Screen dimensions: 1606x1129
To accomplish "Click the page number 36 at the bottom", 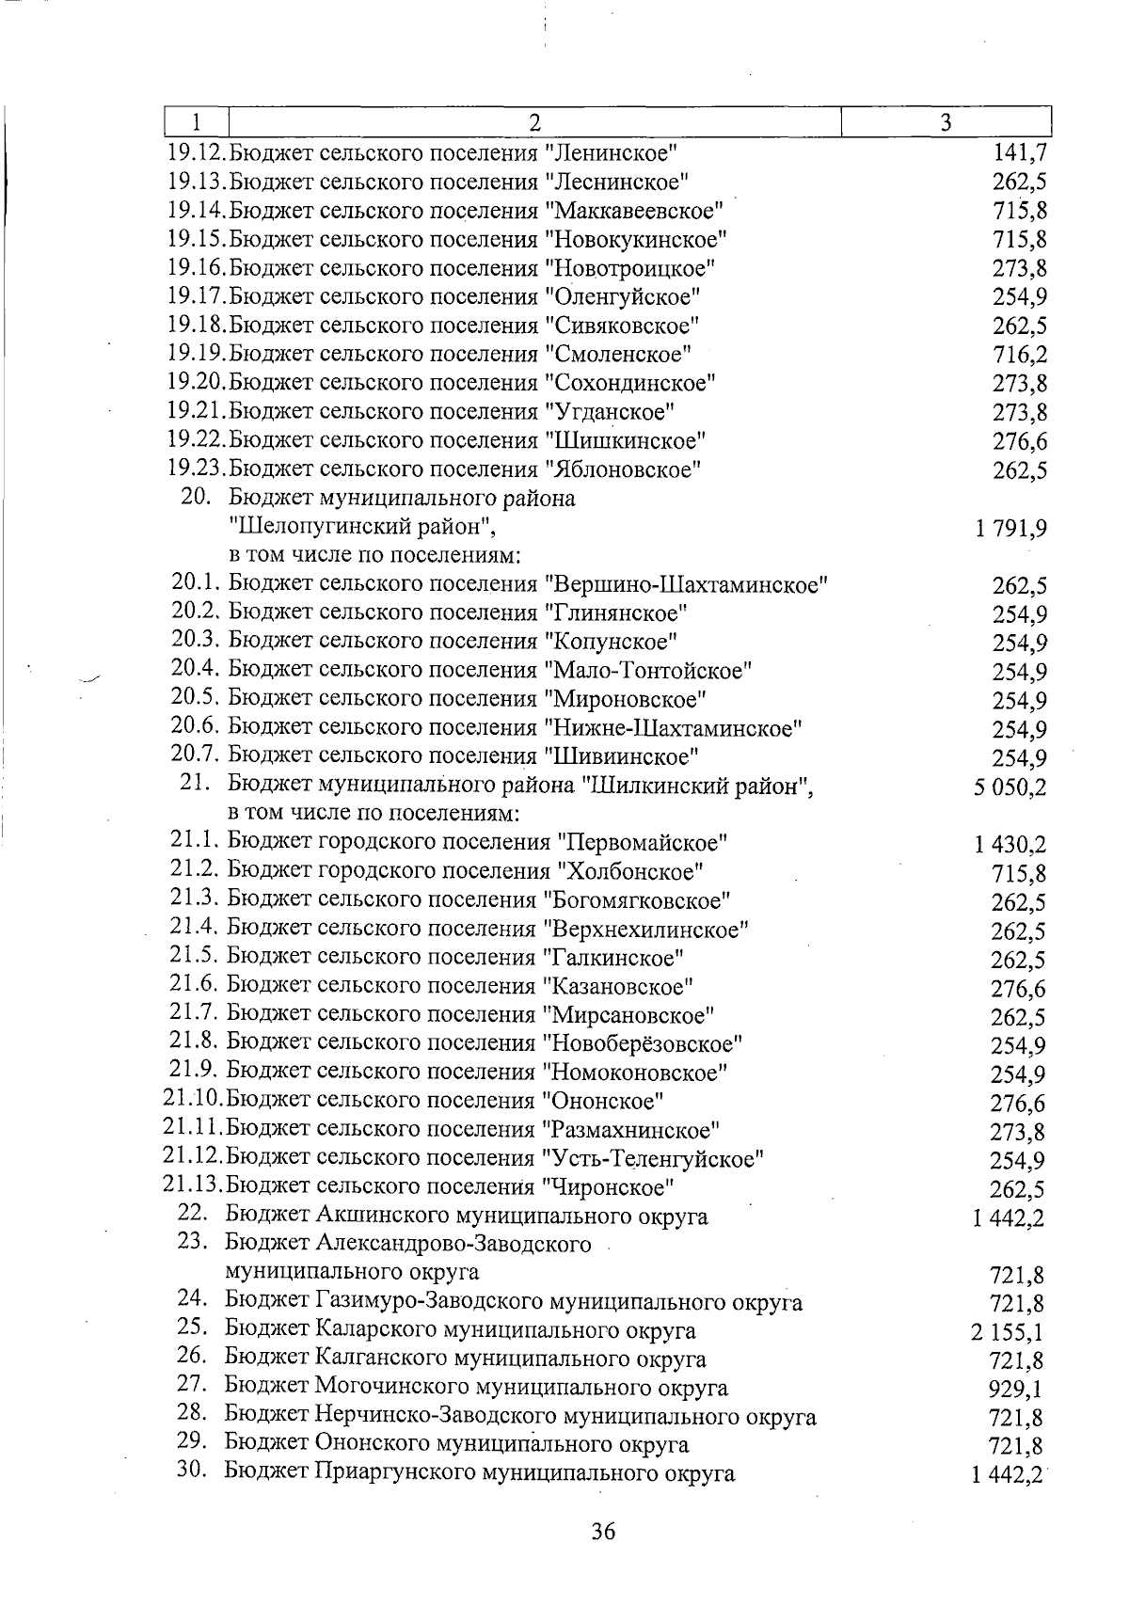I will coord(603,1531).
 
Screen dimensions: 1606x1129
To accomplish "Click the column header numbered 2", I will coord(533,122).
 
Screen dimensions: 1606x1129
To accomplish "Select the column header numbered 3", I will coord(946,122).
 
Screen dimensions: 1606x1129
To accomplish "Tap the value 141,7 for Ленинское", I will coord(1021,153).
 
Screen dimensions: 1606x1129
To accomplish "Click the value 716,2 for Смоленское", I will coord(1021,355).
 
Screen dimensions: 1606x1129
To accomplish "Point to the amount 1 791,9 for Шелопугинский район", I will coord(1012,528).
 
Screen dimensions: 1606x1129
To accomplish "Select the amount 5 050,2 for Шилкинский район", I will coord(1011,787).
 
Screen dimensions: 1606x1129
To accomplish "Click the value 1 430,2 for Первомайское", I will coord(1011,845).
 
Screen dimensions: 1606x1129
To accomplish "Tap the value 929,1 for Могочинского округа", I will coord(1017,1390).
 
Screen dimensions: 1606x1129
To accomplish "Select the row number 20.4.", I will coord(196,670).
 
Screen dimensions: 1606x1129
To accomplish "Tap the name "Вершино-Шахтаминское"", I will coord(686,584).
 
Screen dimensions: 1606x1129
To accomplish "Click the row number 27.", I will coord(192,1386).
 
